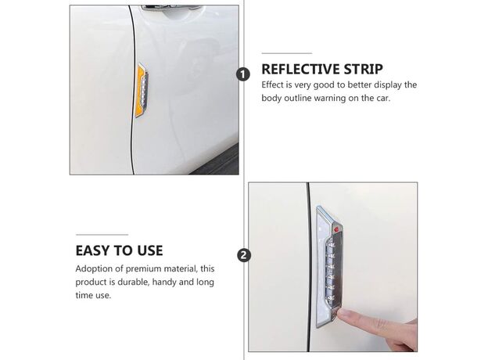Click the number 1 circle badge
tap(243, 75)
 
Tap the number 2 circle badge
tap(244, 255)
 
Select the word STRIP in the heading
tap(363, 69)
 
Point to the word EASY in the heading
tap(93, 250)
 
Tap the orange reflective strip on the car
tap(140, 91)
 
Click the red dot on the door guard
tap(336, 230)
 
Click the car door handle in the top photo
tap(170, 9)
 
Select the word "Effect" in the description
tap(272, 85)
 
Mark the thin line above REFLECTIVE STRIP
tap(287, 53)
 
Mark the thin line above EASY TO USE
tap(102, 235)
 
